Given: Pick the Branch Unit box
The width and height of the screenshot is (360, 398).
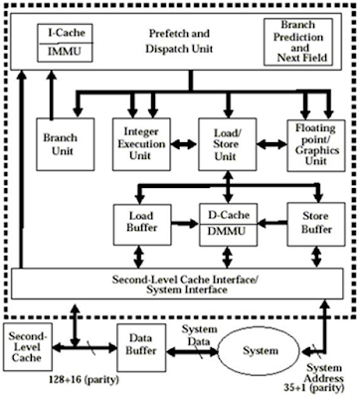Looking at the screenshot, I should pyautogui.click(x=57, y=142).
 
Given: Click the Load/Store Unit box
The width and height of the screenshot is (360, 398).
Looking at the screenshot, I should pyautogui.click(x=224, y=142).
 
